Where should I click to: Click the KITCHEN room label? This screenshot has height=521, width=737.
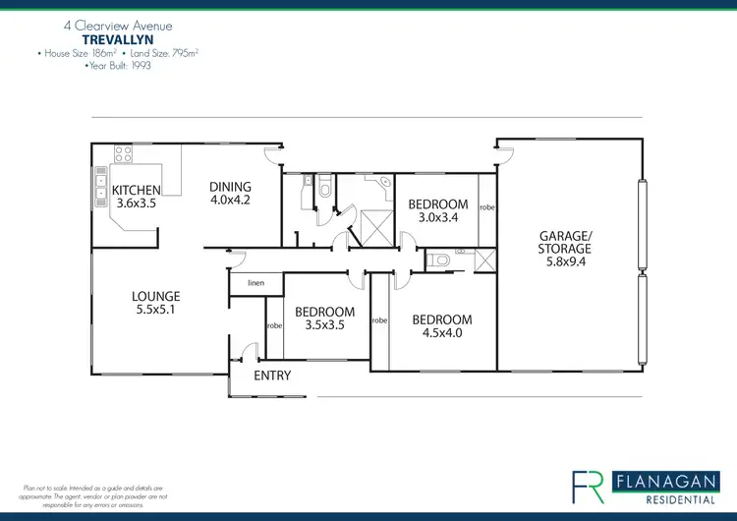pos(138,191)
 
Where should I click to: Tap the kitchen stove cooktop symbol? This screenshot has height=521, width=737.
pos(124,153)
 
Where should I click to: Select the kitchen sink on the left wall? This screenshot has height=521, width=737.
pos(101,185)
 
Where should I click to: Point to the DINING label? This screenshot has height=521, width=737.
pos(231,187)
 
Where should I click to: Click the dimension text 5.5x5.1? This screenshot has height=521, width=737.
pos(156,309)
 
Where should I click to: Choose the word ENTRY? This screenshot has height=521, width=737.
pos(272,376)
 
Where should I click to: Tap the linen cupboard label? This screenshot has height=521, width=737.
pos(255,283)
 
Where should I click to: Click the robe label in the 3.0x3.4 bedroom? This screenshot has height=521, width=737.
pos(487,208)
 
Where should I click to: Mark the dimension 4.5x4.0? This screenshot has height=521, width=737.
pos(441,332)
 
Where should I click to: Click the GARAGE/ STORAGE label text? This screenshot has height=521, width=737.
pos(565,243)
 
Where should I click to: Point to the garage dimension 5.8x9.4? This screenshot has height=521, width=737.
pos(565,263)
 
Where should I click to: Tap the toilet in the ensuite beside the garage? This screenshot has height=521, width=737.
pos(440,260)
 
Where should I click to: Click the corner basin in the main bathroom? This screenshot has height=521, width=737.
pos(385,182)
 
